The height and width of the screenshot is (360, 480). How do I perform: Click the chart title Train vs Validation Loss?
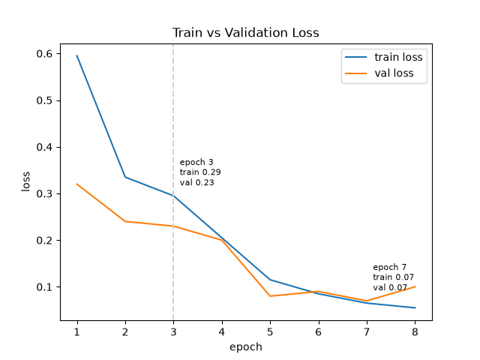tap(245, 32)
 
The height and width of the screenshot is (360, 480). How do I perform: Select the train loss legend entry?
tap(384, 57)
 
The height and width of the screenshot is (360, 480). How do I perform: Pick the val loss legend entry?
tap(379, 73)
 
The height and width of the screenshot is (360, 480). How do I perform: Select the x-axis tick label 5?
tap(270, 331)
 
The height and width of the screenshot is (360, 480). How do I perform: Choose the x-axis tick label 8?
tap(415, 331)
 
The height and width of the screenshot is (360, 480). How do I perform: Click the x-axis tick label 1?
tap(76, 331)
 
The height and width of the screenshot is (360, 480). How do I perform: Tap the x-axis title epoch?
tap(246, 346)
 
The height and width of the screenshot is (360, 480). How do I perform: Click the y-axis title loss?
tap(25, 181)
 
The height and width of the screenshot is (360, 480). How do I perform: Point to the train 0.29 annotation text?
tap(200, 172)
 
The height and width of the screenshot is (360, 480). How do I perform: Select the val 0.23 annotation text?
tap(196, 182)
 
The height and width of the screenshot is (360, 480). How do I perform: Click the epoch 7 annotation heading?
tap(390, 267)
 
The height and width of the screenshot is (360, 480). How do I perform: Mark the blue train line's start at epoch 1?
tap(76, 55)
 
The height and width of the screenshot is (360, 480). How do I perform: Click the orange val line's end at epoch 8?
tap(415, 286)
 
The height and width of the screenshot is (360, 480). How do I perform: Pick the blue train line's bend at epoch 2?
tap(125, 177)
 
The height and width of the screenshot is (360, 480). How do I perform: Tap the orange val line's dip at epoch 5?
tap(270, 296)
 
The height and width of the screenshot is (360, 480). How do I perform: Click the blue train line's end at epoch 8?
tap(415, 307)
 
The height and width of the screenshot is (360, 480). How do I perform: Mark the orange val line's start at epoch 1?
tap(76, 184)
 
